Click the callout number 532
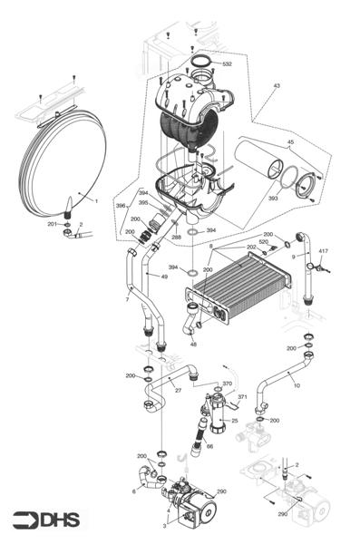(x=227, y=64)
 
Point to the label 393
(x=272, y=197)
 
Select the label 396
(x=121, y=206)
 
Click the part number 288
(x=176, y=237)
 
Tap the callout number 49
(x=163, y=277)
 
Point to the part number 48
(x=192, y=344)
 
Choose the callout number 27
(x=178, y=391)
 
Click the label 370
(x=228, y=384)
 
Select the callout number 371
(x=242, y=397)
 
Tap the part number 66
(x=209, y=446)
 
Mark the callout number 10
(x=296, y=384)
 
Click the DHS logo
(x=45, y=520)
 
